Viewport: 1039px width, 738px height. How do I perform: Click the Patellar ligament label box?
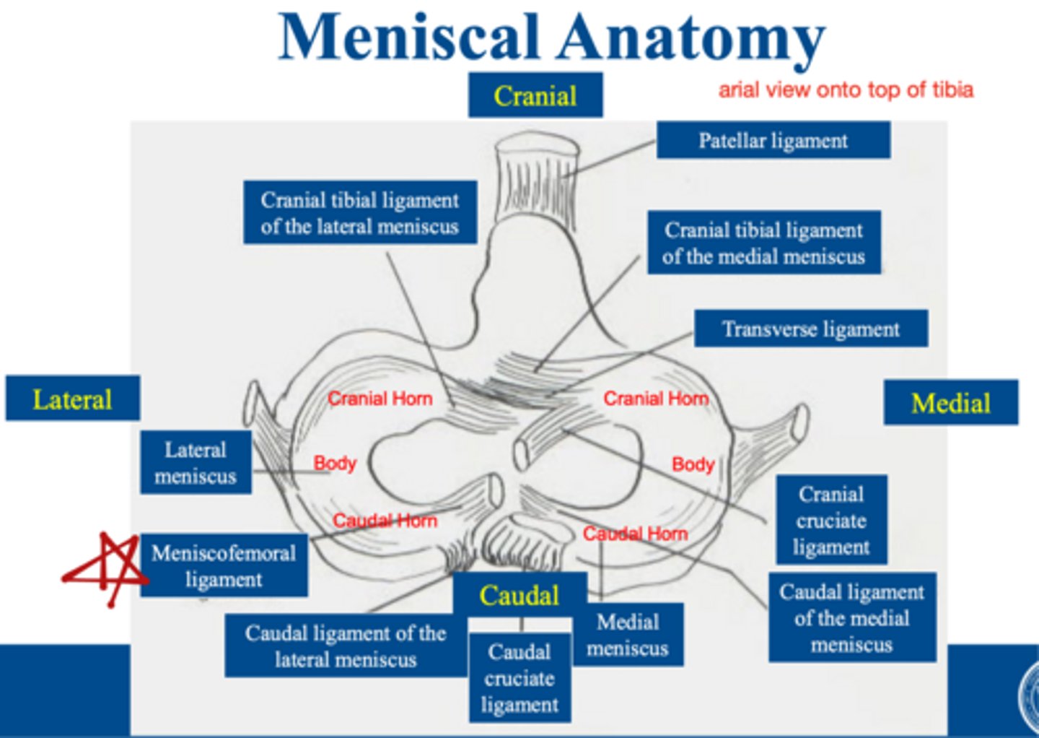click(x=773, y=140)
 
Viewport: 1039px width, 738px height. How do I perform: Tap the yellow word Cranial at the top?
click(x=535, y=95)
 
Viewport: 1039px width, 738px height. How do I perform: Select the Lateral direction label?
click(x=72, y=399)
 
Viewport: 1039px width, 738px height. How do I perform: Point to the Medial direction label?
click(x=950, y=402)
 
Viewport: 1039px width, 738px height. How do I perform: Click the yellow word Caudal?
click(x=519, y=595)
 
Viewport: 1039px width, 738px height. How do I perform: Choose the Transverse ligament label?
click(x=810, y=329)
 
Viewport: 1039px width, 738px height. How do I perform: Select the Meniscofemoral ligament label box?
click(x=224, y=566)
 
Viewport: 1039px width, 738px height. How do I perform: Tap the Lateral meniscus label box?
click(x=196, y=463)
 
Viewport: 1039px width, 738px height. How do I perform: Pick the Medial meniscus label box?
click(x=628, y=635)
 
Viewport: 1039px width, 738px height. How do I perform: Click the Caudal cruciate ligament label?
click(x=519, y=678)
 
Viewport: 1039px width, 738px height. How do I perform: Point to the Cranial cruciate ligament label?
click(x=831, y=520)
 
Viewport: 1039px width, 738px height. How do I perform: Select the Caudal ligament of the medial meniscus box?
click(x=851, y=618)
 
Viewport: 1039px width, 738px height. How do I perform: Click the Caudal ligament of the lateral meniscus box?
click(x=345, y=646)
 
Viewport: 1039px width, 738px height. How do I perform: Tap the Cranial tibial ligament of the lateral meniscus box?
click(x=359, y=213)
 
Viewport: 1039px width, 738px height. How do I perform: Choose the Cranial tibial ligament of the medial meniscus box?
click(x=763, y=243)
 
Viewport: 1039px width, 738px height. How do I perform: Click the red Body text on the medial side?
click(x=693, y=464)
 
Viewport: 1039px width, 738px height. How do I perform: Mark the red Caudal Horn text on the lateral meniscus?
click(x=385, y=521)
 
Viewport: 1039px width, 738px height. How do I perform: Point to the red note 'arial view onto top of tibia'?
click(x=846, y=90)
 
